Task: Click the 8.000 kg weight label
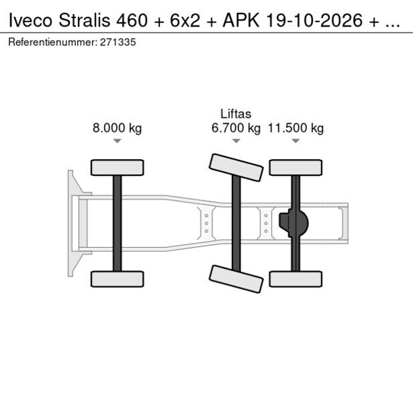[x=117, y=129]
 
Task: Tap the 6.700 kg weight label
[x=235, y=129]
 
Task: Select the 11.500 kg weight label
[x=296, y=129]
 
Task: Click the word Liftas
[x=235, y=115]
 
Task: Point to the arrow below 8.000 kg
[x=117, y=141]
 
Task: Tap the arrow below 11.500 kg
[x=296, y=141]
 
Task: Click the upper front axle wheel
[x=117, y=167]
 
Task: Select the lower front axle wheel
[x=117, y=278]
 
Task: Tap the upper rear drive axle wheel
[x=296, y=167]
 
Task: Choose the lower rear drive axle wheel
[x=296, y=278]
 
